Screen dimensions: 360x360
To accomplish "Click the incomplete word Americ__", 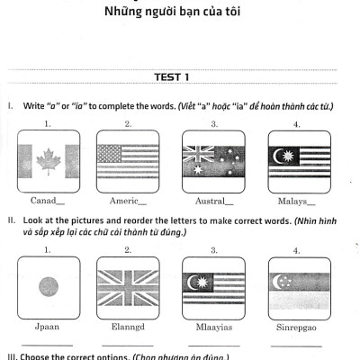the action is point(128,202).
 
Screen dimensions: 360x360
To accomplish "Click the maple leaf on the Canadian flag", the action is point(47,161).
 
